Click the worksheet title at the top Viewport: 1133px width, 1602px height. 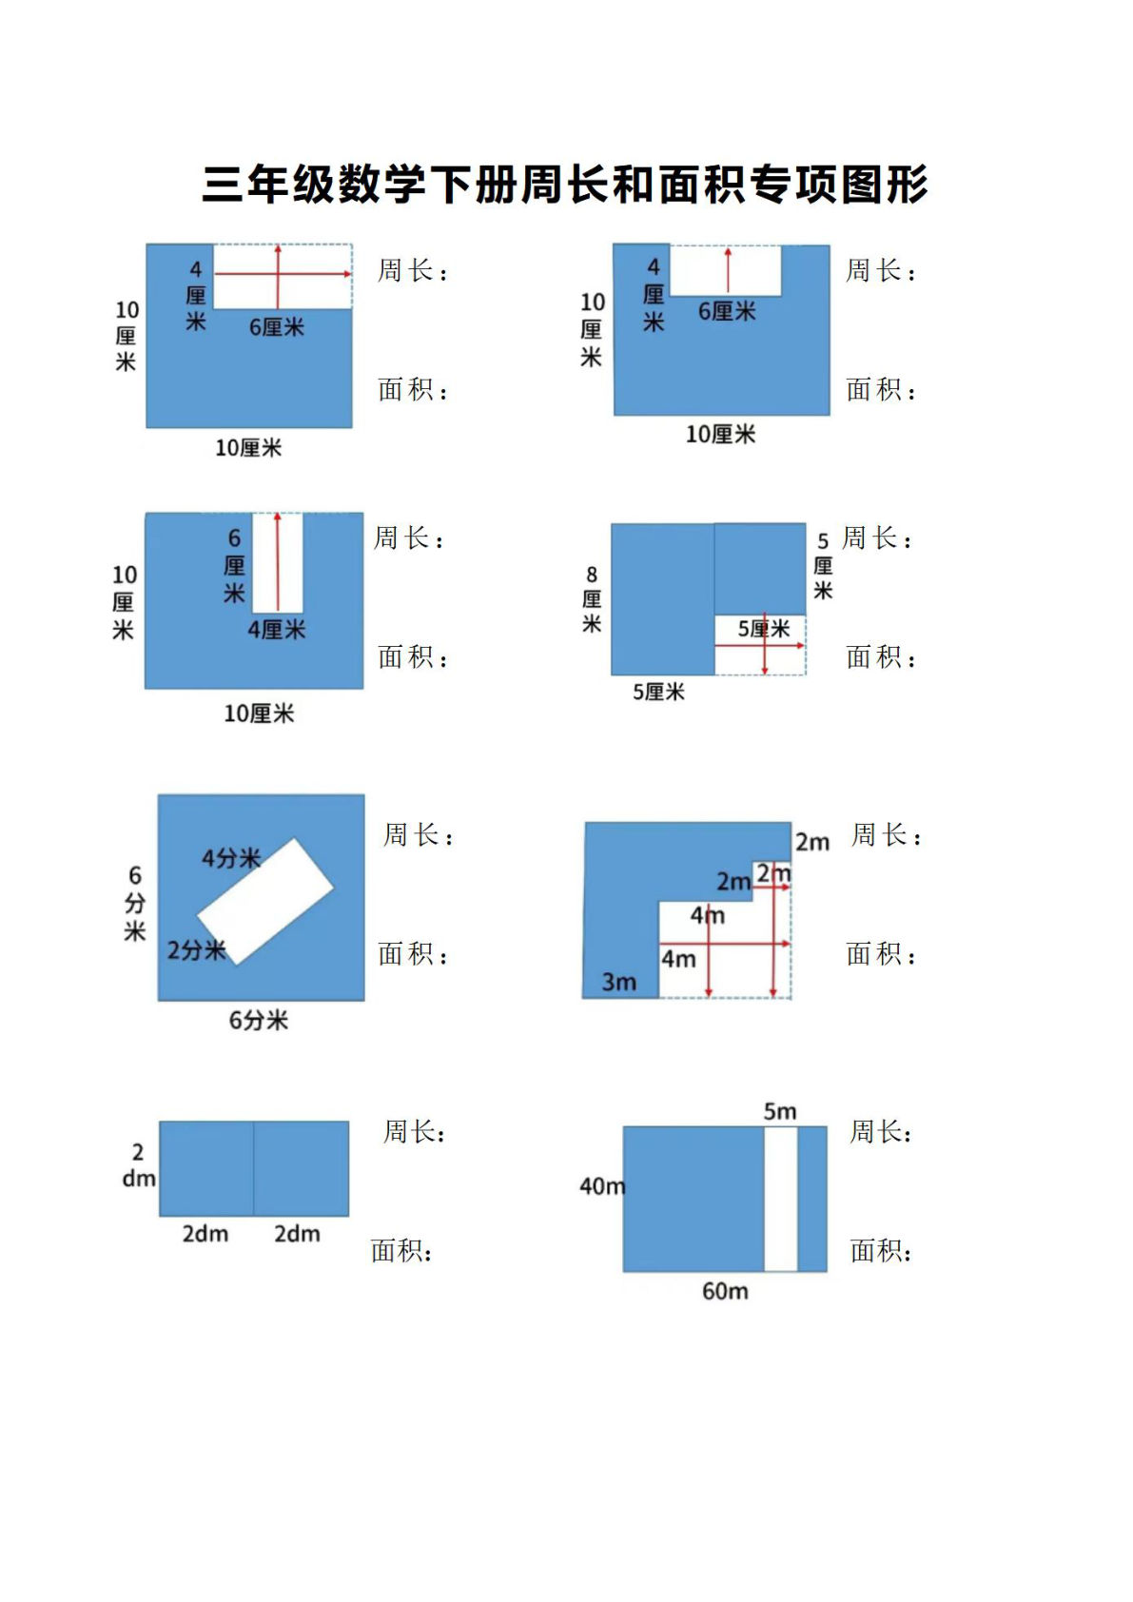tap(565, 184)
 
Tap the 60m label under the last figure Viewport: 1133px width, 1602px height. tap(725, 1291)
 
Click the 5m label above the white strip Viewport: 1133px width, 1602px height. tap(779, 1111)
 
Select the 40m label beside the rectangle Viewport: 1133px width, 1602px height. tap(602, 1186)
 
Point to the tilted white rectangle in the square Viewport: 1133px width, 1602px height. tap(265, 901)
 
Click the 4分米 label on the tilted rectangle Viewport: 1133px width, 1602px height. tap(231, 858)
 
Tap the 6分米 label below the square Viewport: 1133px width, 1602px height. tap(258, 1021)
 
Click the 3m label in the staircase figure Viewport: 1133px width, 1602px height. tap(619, 982)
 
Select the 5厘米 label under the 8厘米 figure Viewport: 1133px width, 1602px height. tap(658, 692)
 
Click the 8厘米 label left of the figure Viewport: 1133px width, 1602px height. tap(591, 598)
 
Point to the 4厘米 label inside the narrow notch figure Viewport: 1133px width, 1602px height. tap(277, 630)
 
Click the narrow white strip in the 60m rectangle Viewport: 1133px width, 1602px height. tap(780, 1199)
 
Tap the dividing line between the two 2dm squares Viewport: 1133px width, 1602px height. tap(254, 1168)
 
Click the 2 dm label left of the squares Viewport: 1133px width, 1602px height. tap(139, 1165)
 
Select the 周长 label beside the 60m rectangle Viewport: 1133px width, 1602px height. tap(880, 1132)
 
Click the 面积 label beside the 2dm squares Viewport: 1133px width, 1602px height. tap(401, 1251)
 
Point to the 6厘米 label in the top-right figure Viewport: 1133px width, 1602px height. tap(727, 311)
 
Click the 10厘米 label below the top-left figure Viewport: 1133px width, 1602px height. tap(248, 448)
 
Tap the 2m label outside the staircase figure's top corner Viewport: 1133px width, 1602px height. tap(812, 842)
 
